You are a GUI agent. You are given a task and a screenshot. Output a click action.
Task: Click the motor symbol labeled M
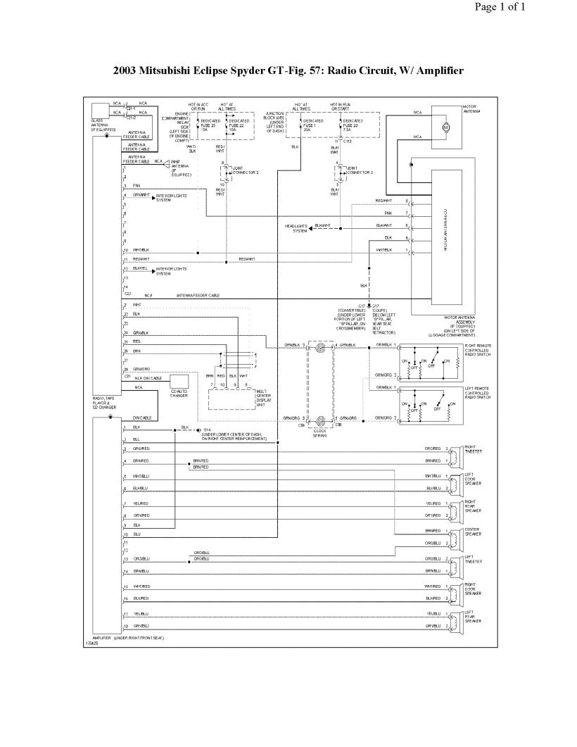tap(445, 127)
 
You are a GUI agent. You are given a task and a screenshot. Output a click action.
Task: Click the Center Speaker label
tap(472, 532)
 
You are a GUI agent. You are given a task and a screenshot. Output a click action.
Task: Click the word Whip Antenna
tap(179, 163)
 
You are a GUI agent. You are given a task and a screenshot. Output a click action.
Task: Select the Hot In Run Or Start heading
tap(342, 106)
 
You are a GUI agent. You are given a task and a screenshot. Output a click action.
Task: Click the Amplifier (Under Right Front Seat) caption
tap(128, 637)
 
